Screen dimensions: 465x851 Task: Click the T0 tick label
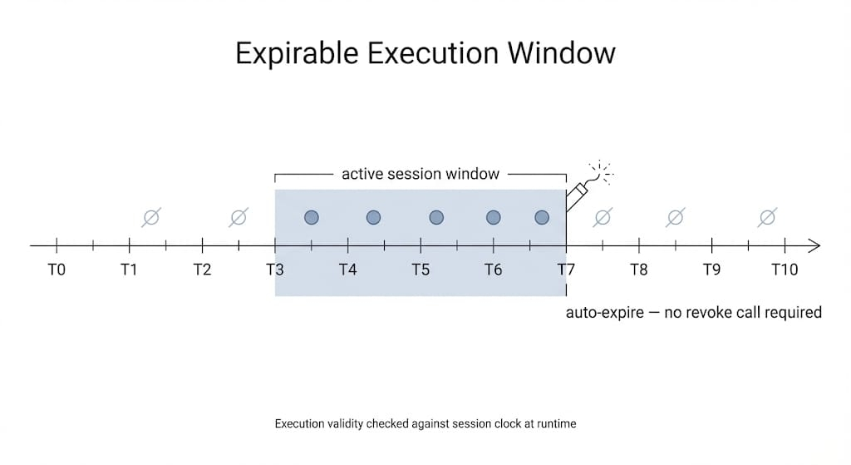56,270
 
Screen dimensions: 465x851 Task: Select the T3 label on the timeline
274,270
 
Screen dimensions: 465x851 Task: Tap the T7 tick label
566,270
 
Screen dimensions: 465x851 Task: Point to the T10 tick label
784,270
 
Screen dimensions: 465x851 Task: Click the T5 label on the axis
421,270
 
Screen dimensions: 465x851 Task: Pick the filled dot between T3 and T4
312,217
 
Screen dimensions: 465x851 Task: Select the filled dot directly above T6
493,217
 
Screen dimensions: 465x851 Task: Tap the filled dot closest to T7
542,217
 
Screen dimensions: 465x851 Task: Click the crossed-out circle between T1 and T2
150,218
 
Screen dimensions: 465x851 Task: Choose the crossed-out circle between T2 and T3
238,218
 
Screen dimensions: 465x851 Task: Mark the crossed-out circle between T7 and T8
603,218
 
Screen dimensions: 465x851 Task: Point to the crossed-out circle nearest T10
767,218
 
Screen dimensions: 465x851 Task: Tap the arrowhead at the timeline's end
814,245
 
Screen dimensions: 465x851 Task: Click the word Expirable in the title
298,53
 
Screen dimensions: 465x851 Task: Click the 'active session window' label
421,174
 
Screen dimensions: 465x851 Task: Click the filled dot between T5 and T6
436,217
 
